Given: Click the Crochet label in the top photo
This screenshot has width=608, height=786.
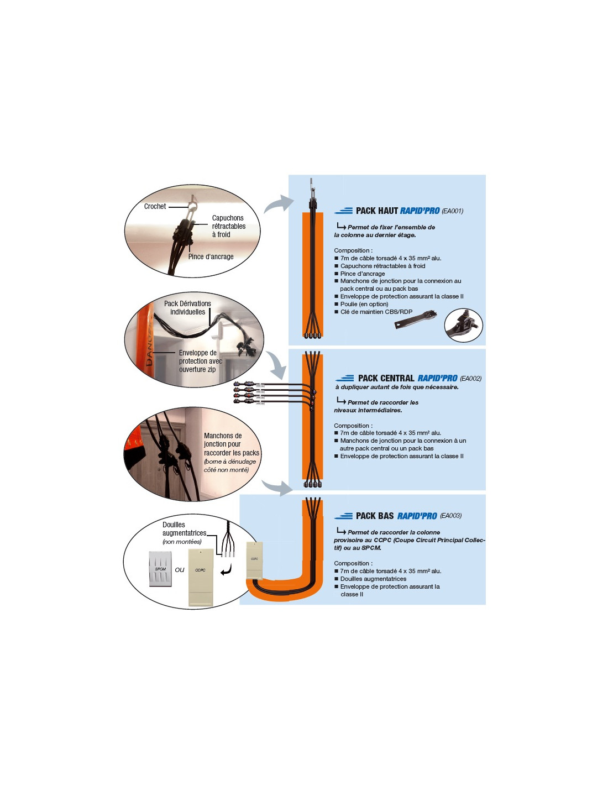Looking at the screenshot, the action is [x=155, y=206].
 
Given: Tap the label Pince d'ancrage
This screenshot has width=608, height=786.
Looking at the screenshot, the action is [x=211, y=256].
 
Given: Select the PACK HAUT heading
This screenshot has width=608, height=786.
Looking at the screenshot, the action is [x=377, y=211].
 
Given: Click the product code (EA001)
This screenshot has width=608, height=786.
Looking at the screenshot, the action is [x=452, y=211].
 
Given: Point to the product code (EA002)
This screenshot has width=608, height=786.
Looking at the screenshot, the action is [x=470, y=378].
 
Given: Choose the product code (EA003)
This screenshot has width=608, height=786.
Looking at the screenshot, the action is [x=450, y=516].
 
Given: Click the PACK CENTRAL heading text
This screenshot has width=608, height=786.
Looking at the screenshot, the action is [x=386, y=378].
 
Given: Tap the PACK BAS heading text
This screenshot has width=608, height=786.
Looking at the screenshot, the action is [x=375, y=516].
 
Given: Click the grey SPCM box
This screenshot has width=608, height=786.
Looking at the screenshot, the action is [x=160, y=569].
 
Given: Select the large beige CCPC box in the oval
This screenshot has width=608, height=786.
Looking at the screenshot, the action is [x=201, y=577].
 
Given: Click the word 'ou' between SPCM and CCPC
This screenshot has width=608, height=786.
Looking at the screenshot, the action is [x=180, y=570].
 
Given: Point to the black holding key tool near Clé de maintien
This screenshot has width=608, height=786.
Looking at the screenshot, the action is [x=416, y=321].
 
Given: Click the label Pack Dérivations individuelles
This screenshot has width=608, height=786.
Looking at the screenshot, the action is [x=187, y=307].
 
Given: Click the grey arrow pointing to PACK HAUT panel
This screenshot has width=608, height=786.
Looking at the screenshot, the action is [x=279, y=204].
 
